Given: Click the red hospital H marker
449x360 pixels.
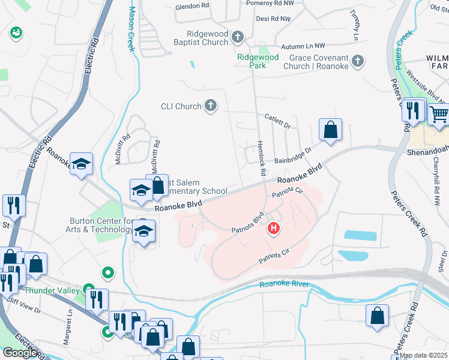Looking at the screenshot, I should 274,228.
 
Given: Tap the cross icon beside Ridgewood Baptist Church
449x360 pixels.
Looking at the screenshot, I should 237,38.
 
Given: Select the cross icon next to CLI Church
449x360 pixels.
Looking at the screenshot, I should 210,107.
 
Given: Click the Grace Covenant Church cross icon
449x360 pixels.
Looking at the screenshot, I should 358,61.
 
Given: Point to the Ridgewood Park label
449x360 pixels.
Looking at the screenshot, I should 258,61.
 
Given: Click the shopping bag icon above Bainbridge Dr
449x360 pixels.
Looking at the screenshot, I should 330,129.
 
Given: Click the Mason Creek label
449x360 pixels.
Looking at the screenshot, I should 131,29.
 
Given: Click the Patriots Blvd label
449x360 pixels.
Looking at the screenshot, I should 248,223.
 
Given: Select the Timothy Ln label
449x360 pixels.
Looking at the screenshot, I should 356,24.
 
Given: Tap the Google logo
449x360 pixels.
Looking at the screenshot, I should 20,353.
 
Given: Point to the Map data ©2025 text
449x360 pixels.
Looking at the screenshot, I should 424,355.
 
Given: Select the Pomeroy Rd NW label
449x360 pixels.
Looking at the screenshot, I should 271,3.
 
